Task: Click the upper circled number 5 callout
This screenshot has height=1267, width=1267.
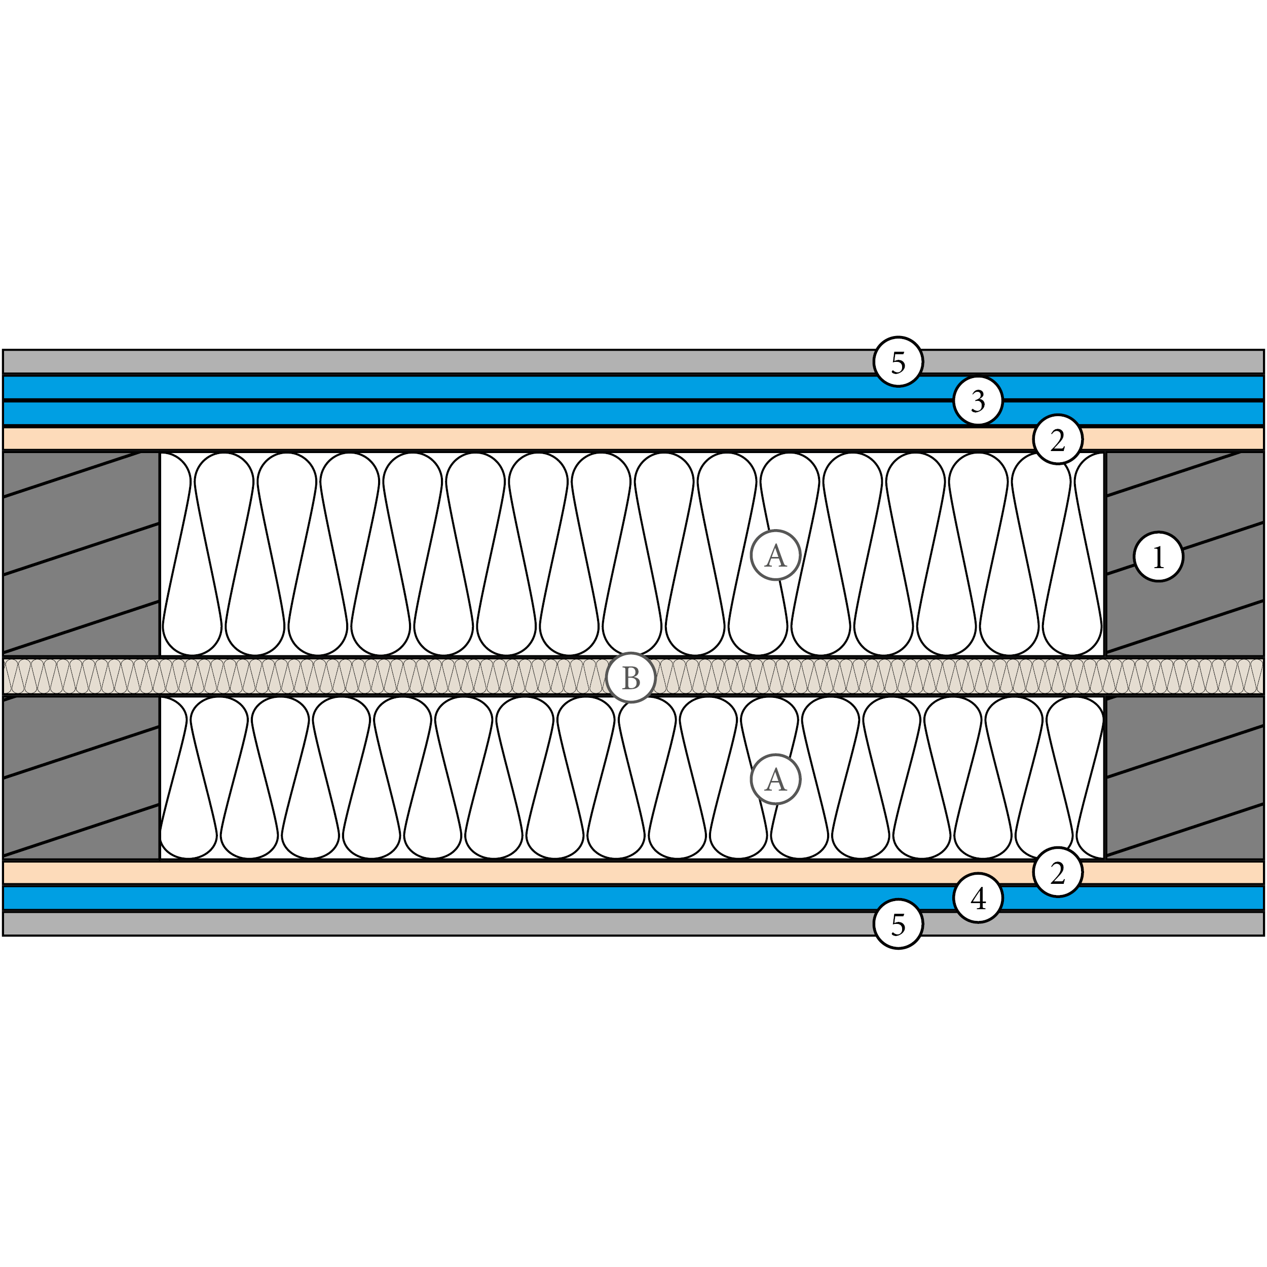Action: pos(898,361)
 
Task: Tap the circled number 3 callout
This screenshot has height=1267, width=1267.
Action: pos(977,400)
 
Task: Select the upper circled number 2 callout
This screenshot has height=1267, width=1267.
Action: pos(1057,439)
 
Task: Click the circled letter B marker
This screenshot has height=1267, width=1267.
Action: pos(630,678)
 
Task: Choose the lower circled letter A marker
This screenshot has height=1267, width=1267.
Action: pos(775,779)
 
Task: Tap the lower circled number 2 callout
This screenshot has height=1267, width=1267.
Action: pos(1057,872)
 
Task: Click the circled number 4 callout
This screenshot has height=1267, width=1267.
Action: pos(977,898)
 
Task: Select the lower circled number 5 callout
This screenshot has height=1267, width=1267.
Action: pos(898,924)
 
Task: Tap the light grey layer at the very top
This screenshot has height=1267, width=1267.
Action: pos(459,362)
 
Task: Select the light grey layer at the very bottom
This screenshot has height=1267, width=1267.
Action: pos(459,924)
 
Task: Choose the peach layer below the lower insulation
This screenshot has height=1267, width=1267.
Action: pos(459,873)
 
